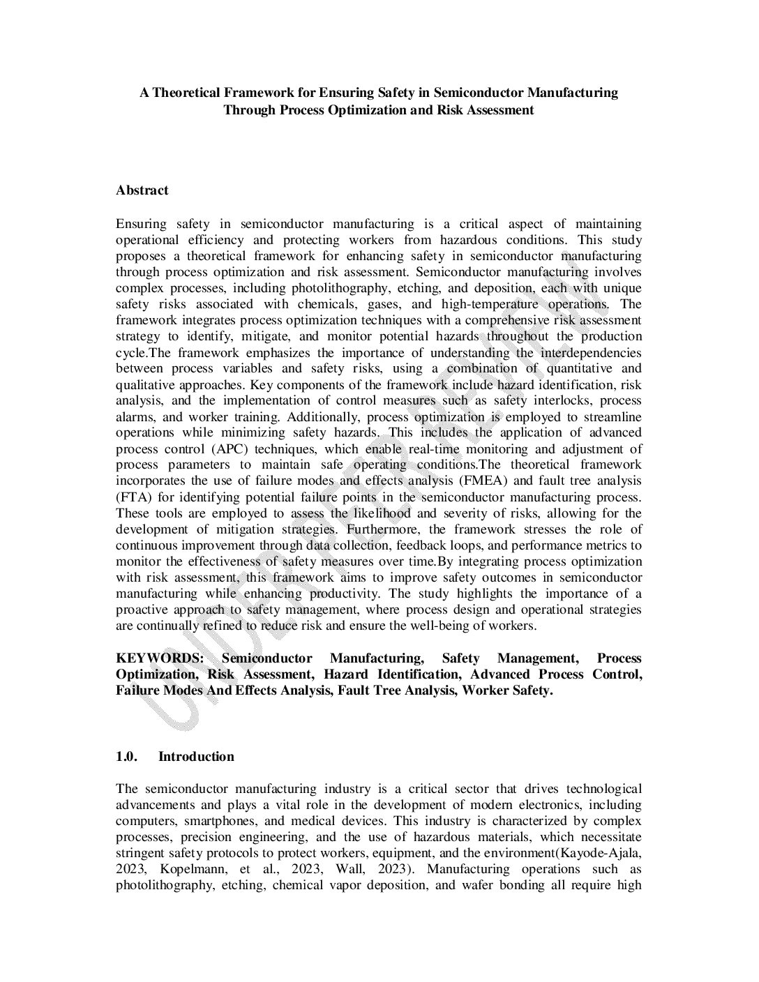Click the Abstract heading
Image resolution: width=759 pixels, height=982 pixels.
(x=142, y=190)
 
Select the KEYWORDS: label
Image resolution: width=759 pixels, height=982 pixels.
(x=159, y=658)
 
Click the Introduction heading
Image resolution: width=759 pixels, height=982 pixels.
(x=196, y=757)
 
